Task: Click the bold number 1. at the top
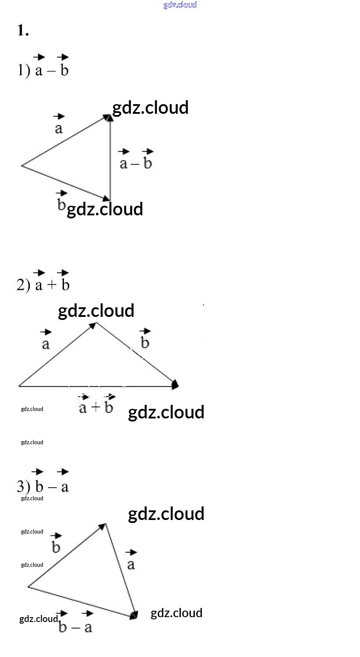coord(23,30)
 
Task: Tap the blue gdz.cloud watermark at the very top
coord(180,5)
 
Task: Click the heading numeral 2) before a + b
coord(23,285)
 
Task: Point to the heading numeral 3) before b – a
coord(23,487)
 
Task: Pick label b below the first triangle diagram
coord(61,204)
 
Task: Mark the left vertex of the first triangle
coord(22,165)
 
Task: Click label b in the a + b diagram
coord(145,343)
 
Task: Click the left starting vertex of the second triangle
coord(19,386)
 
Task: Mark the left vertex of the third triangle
coord(28,587)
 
